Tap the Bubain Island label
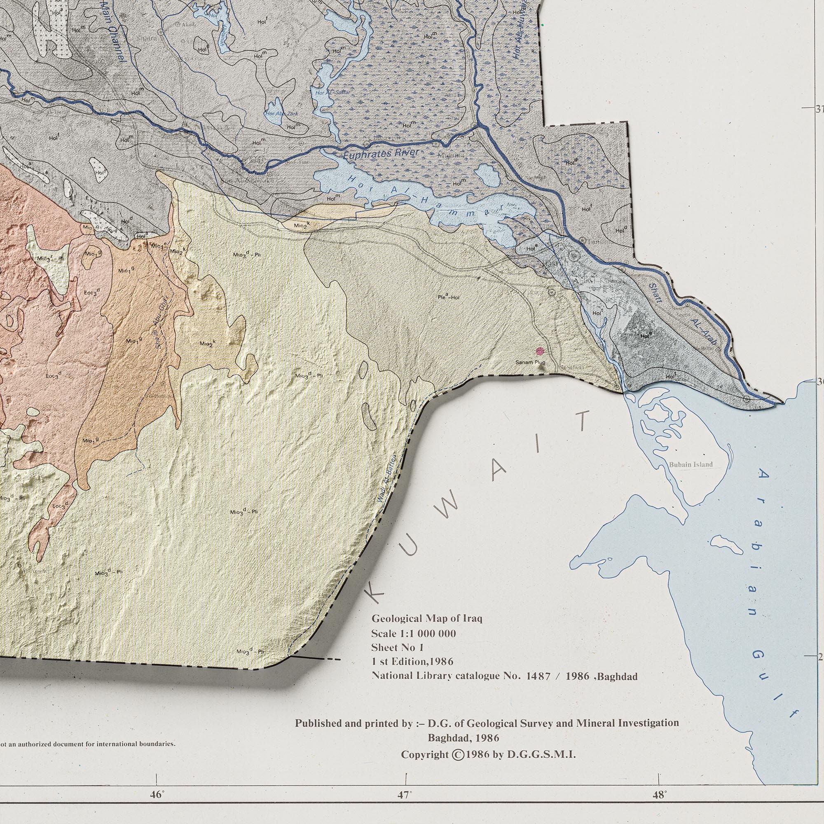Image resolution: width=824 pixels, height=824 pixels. click(691, 464)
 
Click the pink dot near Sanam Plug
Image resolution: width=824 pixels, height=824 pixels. click(541, 351)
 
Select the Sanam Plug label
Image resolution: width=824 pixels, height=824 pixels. click(530, 363)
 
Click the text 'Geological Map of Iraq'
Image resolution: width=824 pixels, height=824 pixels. click(426, 618)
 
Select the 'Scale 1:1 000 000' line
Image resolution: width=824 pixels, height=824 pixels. click(413, 633)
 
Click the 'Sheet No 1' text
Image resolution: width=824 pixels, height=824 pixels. click(397, 647)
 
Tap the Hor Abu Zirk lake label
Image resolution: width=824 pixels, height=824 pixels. click(281, 114)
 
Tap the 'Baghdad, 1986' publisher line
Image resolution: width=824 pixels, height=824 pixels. click(463, 738)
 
